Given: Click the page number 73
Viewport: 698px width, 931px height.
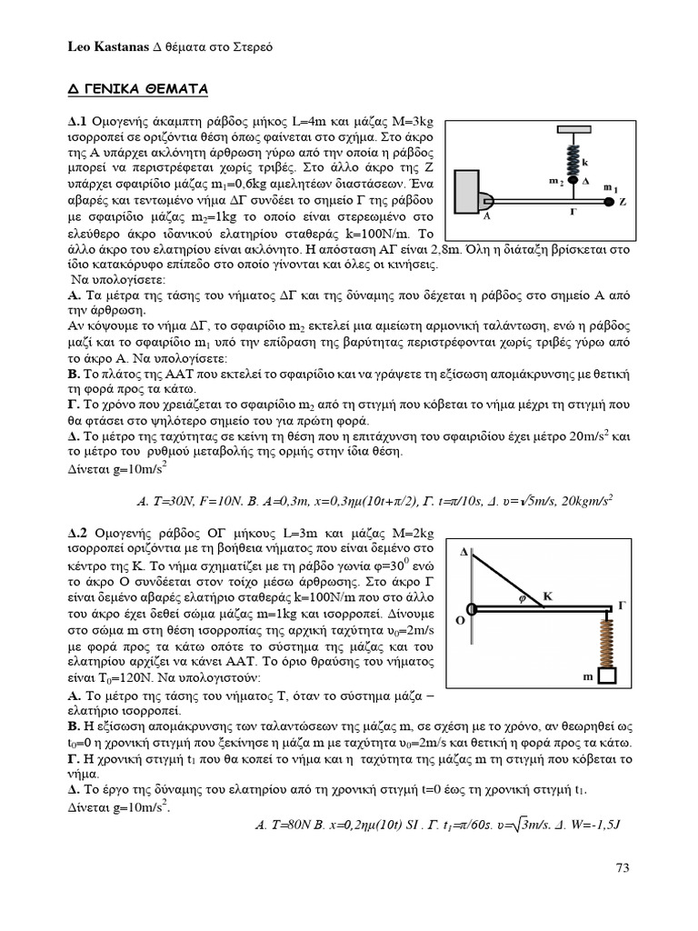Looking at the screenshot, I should [622, 867].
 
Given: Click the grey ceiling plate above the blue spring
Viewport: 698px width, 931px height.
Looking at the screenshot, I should [573, 130].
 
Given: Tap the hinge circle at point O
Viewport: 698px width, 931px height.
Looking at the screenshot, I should [470, 608].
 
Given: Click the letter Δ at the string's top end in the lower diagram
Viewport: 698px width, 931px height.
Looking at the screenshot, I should [464, 552].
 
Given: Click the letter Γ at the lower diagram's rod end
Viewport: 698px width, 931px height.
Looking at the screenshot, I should [623, 604].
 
